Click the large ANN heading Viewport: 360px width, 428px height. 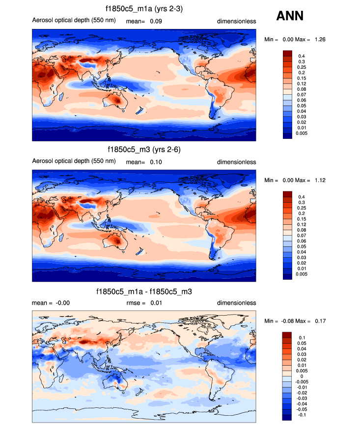pyautogui.click(x=290, y=16)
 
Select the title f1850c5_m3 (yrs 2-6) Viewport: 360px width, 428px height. pyautogui.click(x=144, y=150)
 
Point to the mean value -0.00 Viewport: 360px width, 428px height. pyautogui.click(x=61, y=303)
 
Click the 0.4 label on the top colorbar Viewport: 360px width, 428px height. pyautogui.click(x=302, y=56)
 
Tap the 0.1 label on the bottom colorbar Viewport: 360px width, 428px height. pyautogui.click(x=302, y=338)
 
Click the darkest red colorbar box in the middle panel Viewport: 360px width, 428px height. pyautogui.click(x=287, y=194)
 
